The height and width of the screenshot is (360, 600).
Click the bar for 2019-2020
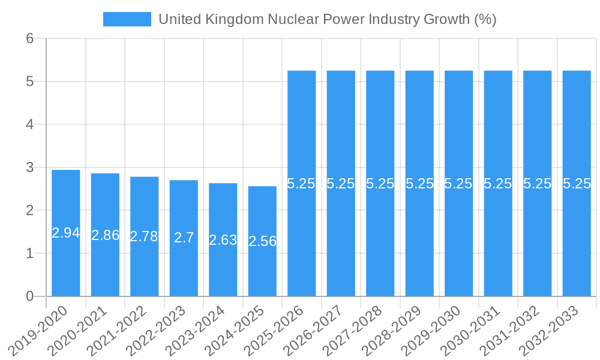tap(66, 264)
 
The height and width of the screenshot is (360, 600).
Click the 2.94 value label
tap(66, 233)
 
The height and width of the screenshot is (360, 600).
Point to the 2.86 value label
tap(105, 235)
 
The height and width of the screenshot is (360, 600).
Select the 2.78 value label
tap(145, 236)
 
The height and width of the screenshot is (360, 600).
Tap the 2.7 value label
tap(184, 238)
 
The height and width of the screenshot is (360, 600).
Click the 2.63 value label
tap(223, 240)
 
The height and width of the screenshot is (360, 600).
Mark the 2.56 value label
tap(262, 241)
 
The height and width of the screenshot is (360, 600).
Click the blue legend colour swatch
tap(127, 19)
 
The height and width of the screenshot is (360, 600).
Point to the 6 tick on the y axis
tap(30, 38)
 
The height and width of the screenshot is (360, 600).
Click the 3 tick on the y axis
tap(30, 167)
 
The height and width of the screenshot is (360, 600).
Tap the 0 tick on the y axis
tap(30, 296)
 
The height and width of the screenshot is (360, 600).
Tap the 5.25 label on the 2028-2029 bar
tap(419, 184)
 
